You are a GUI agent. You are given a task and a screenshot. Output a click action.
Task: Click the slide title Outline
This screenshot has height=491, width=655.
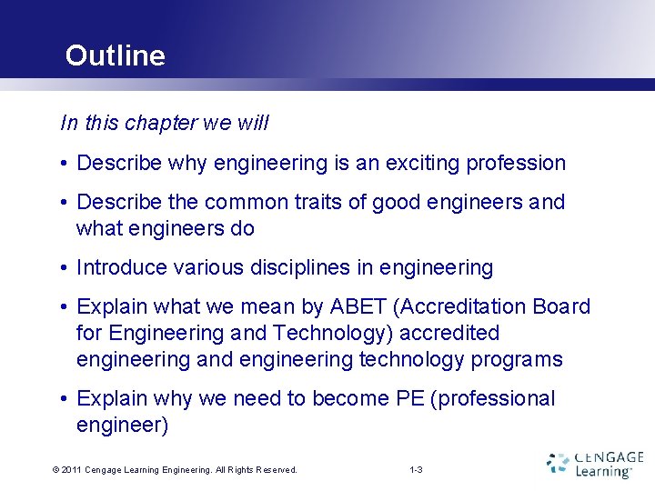coord(115,55)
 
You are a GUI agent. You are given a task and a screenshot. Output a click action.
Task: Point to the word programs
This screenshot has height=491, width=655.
coord(517,359)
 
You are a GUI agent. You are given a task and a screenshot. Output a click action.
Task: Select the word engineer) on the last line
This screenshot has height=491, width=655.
coord(122,425)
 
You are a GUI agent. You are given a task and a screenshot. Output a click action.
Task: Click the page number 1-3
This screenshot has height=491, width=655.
coord(416,470)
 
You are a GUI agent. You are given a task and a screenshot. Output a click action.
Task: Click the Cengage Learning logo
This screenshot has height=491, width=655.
coord(596,464)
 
